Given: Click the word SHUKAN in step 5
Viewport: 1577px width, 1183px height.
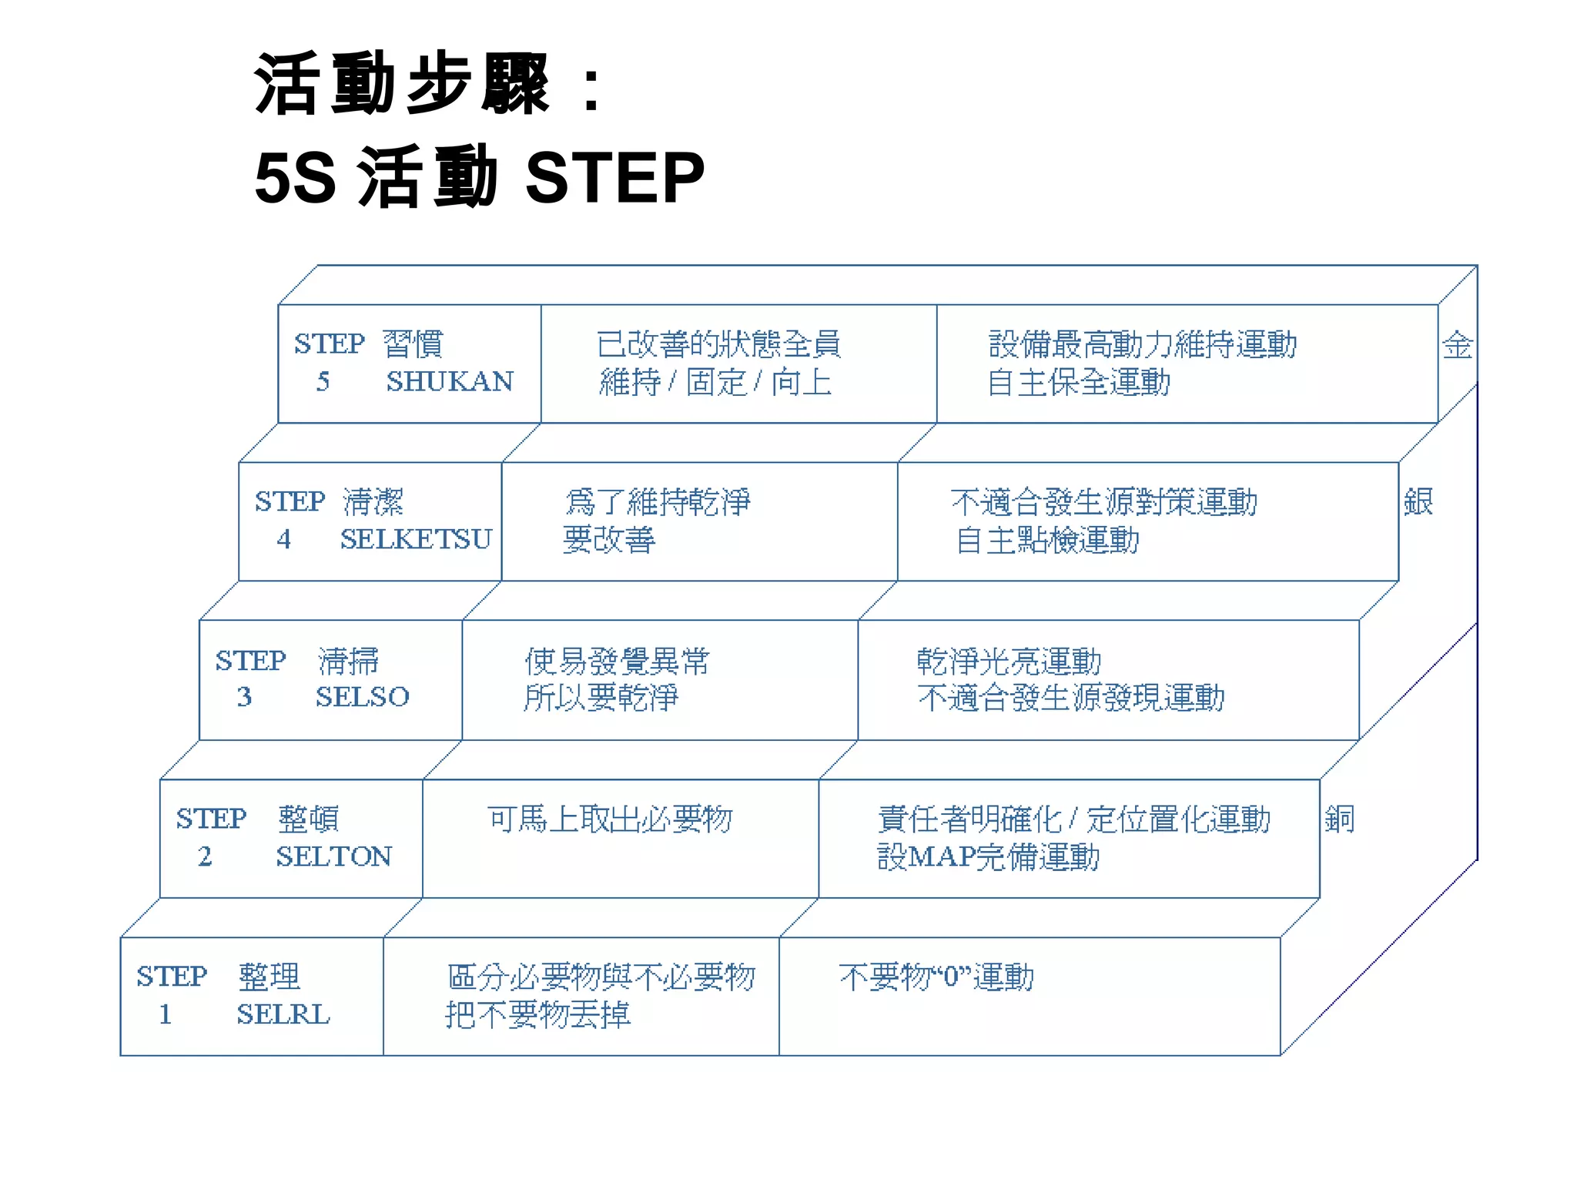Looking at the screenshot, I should [450, 382].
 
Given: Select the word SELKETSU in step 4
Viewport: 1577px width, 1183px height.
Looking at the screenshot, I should [416, 539].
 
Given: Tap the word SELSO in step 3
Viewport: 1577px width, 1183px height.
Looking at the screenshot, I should [362, 697].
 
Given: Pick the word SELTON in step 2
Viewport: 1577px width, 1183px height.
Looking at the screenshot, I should [334, 856].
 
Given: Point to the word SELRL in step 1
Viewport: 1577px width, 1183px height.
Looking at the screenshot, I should [283, 1014].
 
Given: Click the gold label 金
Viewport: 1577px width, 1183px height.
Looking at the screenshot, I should [1458, 345].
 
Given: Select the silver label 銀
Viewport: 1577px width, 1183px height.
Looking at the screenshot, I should [1418, 502].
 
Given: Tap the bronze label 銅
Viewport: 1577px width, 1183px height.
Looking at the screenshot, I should [1340, 819].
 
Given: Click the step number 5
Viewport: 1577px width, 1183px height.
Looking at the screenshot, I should [323, 382].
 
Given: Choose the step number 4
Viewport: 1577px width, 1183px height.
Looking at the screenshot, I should [284, 539].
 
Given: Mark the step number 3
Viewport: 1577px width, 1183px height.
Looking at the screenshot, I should [244, 697].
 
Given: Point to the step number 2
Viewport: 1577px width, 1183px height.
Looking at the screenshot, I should [205, 856].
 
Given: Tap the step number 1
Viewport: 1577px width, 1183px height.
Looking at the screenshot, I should [166, 1014].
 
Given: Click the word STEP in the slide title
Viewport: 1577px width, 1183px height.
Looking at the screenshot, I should [614, 178].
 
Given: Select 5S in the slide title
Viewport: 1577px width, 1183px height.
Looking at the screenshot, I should [295, 178].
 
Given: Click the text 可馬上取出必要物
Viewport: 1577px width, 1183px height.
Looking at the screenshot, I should [610, 819].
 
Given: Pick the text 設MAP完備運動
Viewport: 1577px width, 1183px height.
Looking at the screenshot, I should [989, 857].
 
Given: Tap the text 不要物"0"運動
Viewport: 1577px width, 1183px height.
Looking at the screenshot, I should [936, 977].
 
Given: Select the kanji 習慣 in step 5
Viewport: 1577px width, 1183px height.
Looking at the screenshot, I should [414, 344].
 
